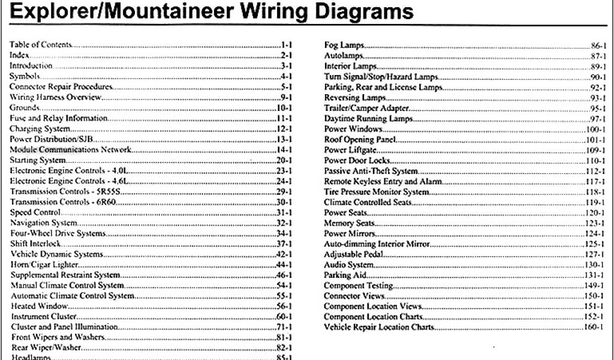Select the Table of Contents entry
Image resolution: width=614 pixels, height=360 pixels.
pyautogui.click(x=40, y=44)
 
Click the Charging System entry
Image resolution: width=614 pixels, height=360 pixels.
pyautogui.click(x=40, y=129)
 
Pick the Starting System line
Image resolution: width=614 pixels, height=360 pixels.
pyautogui.click(x=38, y=161)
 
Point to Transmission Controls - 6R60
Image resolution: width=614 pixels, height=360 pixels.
pyautogui.click(x=64, y=202)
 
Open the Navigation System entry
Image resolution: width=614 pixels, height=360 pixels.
pyautogui.click(x=43, y=223)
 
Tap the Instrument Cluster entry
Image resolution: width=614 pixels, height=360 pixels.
pyautogui.click(x=41, y=316)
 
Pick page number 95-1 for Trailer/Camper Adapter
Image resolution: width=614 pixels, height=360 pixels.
pyautogui.click(x=596, y=108)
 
